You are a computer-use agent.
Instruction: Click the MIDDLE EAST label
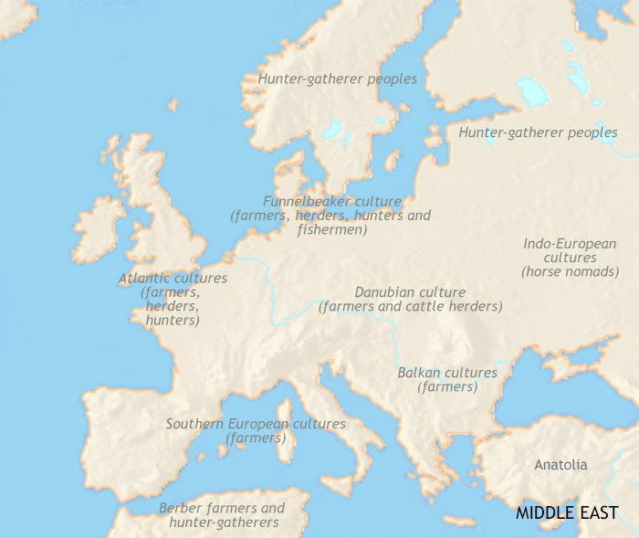567,512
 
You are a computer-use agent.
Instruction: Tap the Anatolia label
560,465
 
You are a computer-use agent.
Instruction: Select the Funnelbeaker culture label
331,201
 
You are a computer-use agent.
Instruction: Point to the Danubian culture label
410,292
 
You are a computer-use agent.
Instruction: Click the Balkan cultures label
447,373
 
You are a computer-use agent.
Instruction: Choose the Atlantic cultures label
173,278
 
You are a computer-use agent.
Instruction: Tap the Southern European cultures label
256,424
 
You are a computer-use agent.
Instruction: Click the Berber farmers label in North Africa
222,508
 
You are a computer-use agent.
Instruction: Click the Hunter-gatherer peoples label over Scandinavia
337,79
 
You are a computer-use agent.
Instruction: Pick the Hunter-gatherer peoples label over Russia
538,132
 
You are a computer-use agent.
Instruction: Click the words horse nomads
560,271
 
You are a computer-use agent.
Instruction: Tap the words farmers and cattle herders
410,307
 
